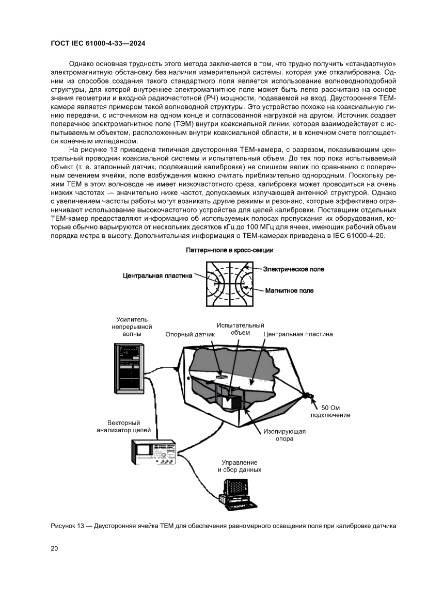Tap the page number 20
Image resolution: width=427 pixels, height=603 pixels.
coord(54,548)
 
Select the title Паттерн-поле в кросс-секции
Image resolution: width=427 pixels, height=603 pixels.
coord(229,250)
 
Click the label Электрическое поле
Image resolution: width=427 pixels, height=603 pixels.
coord(293,269)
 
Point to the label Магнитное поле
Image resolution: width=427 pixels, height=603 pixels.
coord(289,291)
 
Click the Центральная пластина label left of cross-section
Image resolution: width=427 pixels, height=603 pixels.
coord(157,276)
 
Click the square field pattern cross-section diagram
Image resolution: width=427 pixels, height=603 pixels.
coord(229,284)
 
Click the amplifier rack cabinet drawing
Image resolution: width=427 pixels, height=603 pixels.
coord(130,368)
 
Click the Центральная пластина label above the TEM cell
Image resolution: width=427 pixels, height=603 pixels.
coord(298,334)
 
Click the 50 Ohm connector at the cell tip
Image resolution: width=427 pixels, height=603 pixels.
coord(308,396)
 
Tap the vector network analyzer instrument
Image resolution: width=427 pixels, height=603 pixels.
coord(154,450)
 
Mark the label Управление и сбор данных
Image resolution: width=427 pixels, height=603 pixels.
coord(239,466)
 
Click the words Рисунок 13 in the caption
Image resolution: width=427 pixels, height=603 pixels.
coord(68,526)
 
